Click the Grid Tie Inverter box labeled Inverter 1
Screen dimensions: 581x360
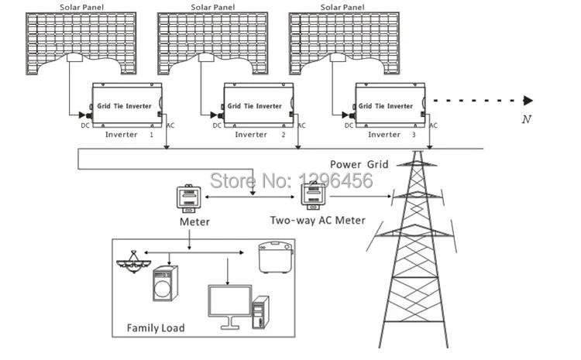127,105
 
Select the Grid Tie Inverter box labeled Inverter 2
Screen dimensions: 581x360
258,105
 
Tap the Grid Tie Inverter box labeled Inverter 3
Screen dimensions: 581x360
390,105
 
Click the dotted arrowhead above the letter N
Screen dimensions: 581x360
528,101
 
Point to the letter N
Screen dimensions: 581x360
527,119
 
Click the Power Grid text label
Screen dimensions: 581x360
359,164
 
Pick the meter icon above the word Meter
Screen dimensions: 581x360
188,198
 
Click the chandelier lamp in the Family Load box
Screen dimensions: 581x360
133,262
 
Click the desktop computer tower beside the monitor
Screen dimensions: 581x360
260,313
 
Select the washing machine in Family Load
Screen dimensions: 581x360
165,283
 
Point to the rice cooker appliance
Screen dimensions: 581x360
275,257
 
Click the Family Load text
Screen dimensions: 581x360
156,327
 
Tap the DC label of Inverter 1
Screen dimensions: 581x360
85,125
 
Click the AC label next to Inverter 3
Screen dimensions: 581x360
433,125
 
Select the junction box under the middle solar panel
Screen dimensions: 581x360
206,57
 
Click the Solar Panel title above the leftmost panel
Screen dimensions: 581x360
82,7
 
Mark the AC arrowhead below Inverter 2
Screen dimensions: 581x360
298,147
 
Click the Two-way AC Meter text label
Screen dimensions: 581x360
318,221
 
